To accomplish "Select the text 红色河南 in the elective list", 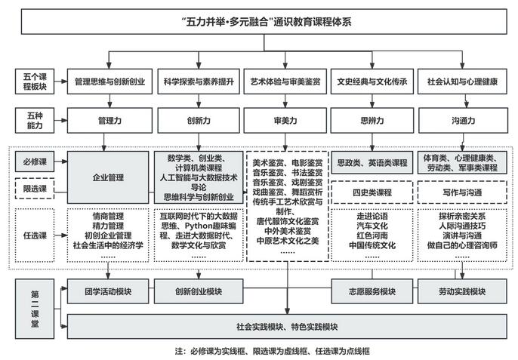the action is tap(372, 235).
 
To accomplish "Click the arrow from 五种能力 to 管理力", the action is tap(60, 121).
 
